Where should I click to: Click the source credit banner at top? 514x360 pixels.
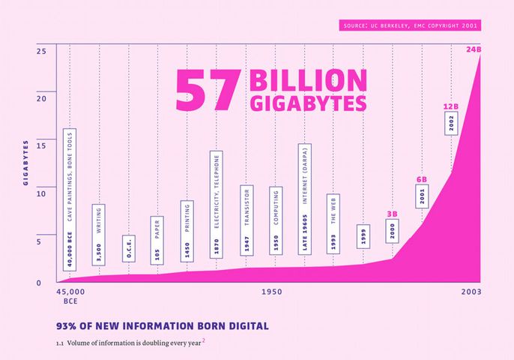pos(409,26)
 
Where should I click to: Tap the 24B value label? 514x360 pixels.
pos(474,49)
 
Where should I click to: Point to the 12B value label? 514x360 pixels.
pos(450,107)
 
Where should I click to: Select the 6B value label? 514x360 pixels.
pos(422,180)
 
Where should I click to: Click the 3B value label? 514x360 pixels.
pos(392,214)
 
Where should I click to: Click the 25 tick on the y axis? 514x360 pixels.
pos(41,51)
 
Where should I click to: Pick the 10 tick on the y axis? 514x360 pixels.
pos(41,193)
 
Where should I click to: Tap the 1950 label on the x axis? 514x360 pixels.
pos(272,291)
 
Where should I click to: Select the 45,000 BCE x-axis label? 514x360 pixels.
pos(70,295)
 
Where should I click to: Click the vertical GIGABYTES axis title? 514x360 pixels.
pos(25,162)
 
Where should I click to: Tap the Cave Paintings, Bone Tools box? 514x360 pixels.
pos(70,199)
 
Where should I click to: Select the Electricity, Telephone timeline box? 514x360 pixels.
pos(217,205)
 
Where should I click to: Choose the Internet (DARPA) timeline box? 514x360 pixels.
pos(304,199)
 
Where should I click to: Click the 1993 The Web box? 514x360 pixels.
pos(333,223)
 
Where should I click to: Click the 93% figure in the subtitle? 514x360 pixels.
pos(70,326)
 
